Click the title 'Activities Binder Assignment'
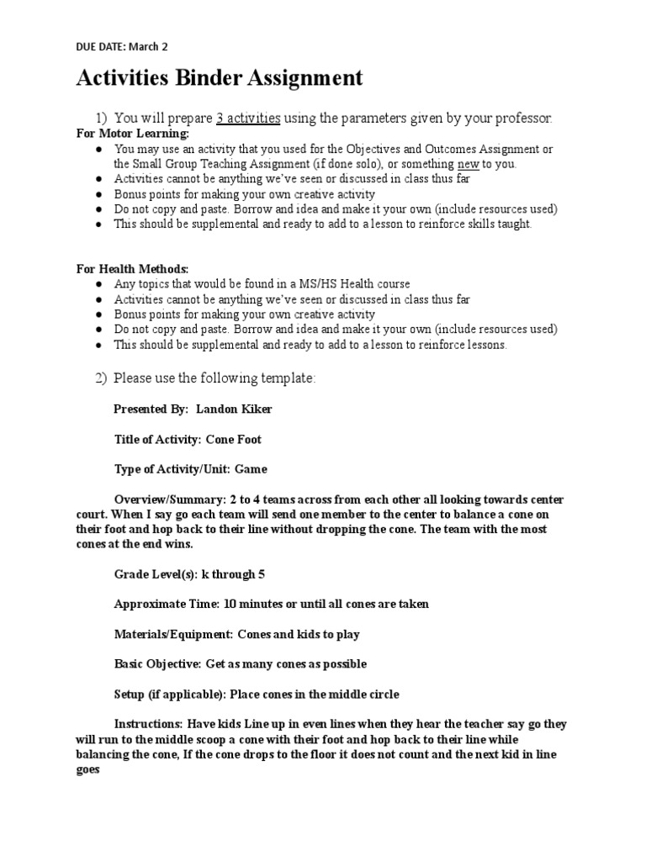point(220,79)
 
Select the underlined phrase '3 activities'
point(248,118)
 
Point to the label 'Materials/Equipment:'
point(172,634)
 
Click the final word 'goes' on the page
point(88,769)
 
